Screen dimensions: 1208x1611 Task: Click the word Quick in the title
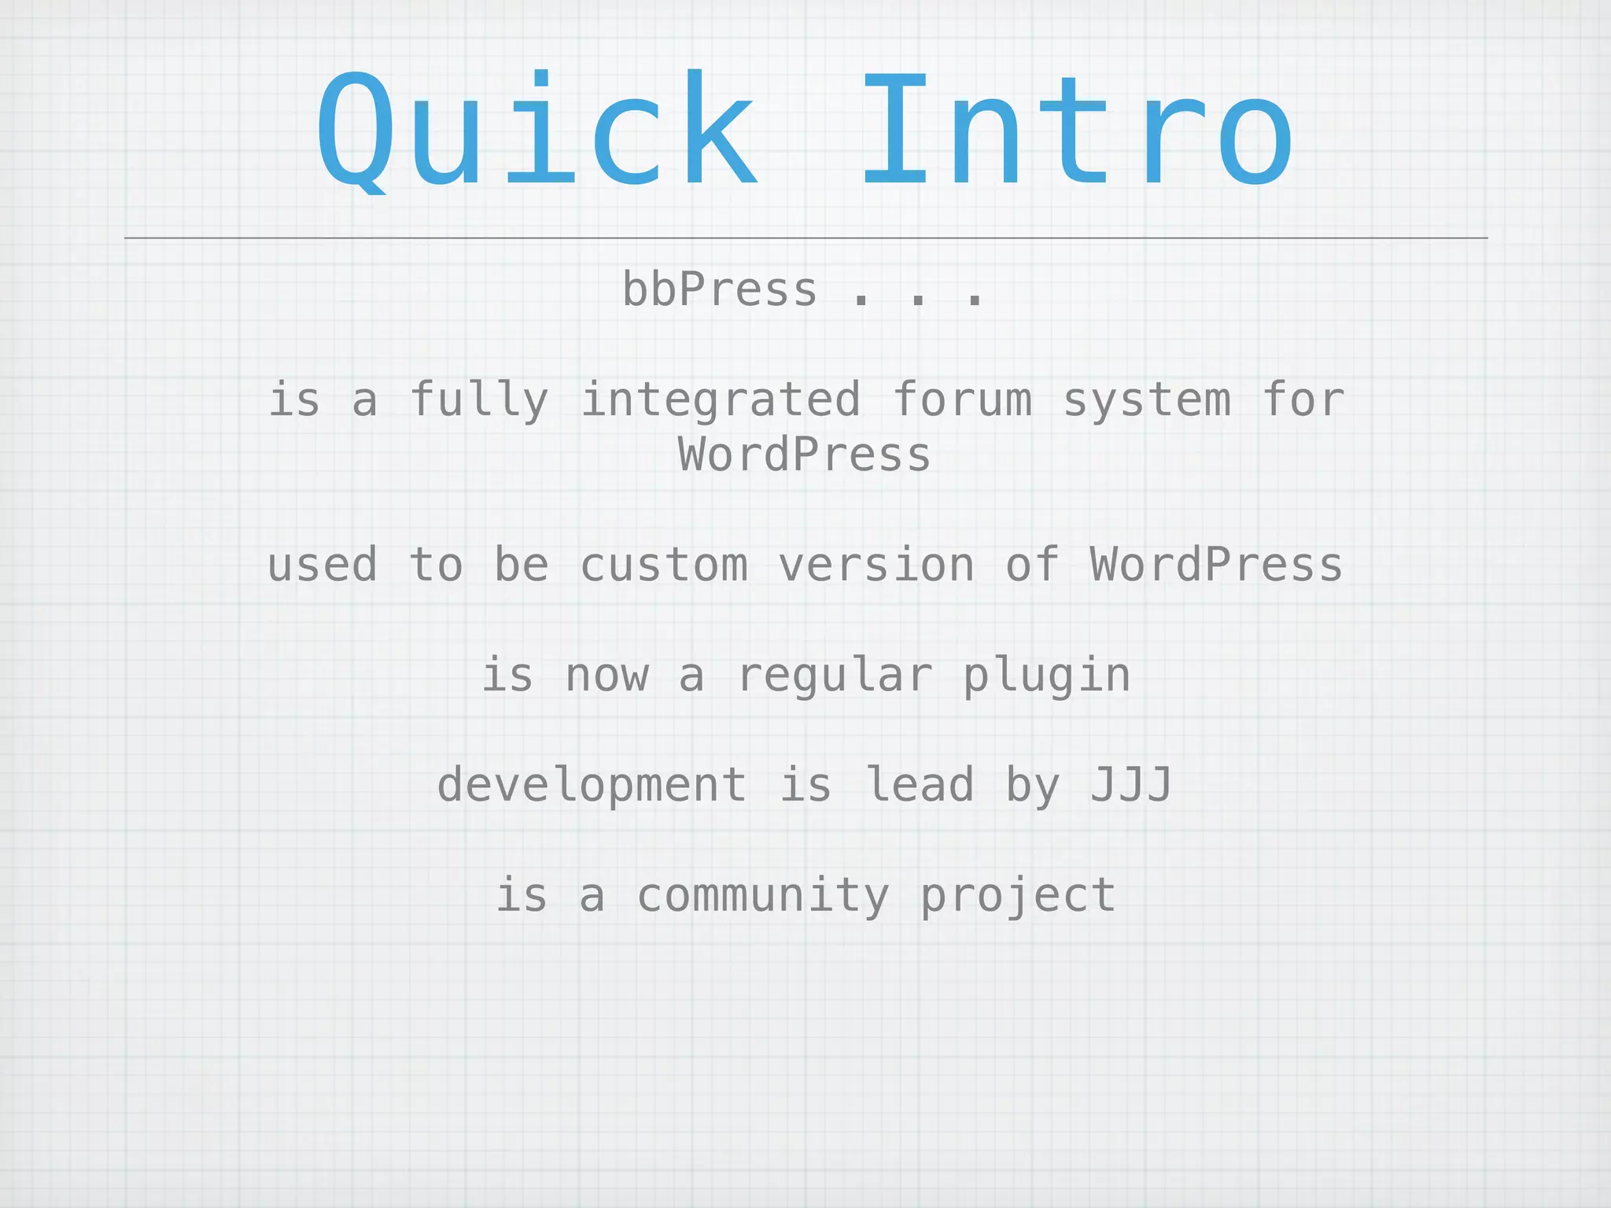pyautogui.click(x=536, y=130)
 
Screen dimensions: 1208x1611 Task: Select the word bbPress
pyautogui.click(x=719, y=290)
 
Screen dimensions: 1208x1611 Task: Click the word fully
pyautogui.click(x=479, y=400)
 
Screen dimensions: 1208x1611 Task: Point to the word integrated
pyautogui.click(x=721, y=400)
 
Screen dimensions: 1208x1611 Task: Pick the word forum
pyautogui.click(x=962, y=400)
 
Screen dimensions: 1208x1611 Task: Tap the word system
pyautogui.click(x=1147, y=400)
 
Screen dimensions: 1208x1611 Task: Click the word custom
pyautogui.click(x=664, y=565)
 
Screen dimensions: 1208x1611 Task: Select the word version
pyautogui.click(x=876, y=565)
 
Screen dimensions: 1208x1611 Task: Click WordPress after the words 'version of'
pyautogui.click(x=1216, y=565)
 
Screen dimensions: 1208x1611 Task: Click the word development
pyautogui.click(x=592, y=786)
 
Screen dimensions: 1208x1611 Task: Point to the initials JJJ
pyautogui.click(x=1131, y=786)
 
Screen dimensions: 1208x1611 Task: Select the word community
pyautogui.click(x=763, y=896)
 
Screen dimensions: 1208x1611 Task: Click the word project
pyautogui.click(x=1018, y=896)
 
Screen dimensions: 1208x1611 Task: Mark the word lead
pyautogui.click(x=920, y=786)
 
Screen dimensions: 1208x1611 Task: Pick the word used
pyautogui.click(x=323, y=565)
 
